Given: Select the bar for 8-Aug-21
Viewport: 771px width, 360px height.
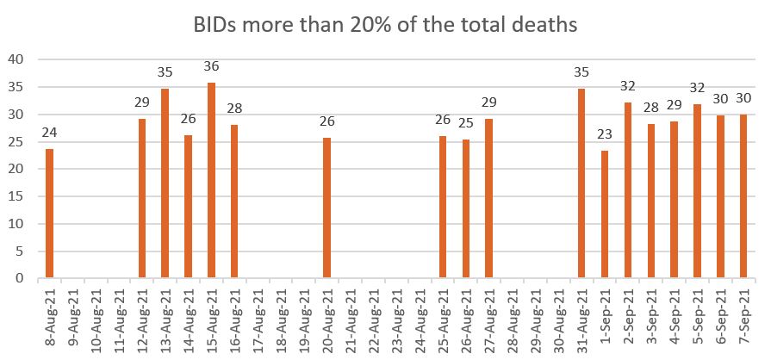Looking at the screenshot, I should [x=49, y=214].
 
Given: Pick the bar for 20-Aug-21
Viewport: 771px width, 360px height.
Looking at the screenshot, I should [x=327, y=208].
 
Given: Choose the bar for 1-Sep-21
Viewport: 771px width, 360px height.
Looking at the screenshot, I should [x=605, y=214].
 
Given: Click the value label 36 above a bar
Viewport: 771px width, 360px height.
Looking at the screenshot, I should [x=211, y=66].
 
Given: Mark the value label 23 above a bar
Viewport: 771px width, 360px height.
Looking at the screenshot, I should [x=605, y=134].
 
